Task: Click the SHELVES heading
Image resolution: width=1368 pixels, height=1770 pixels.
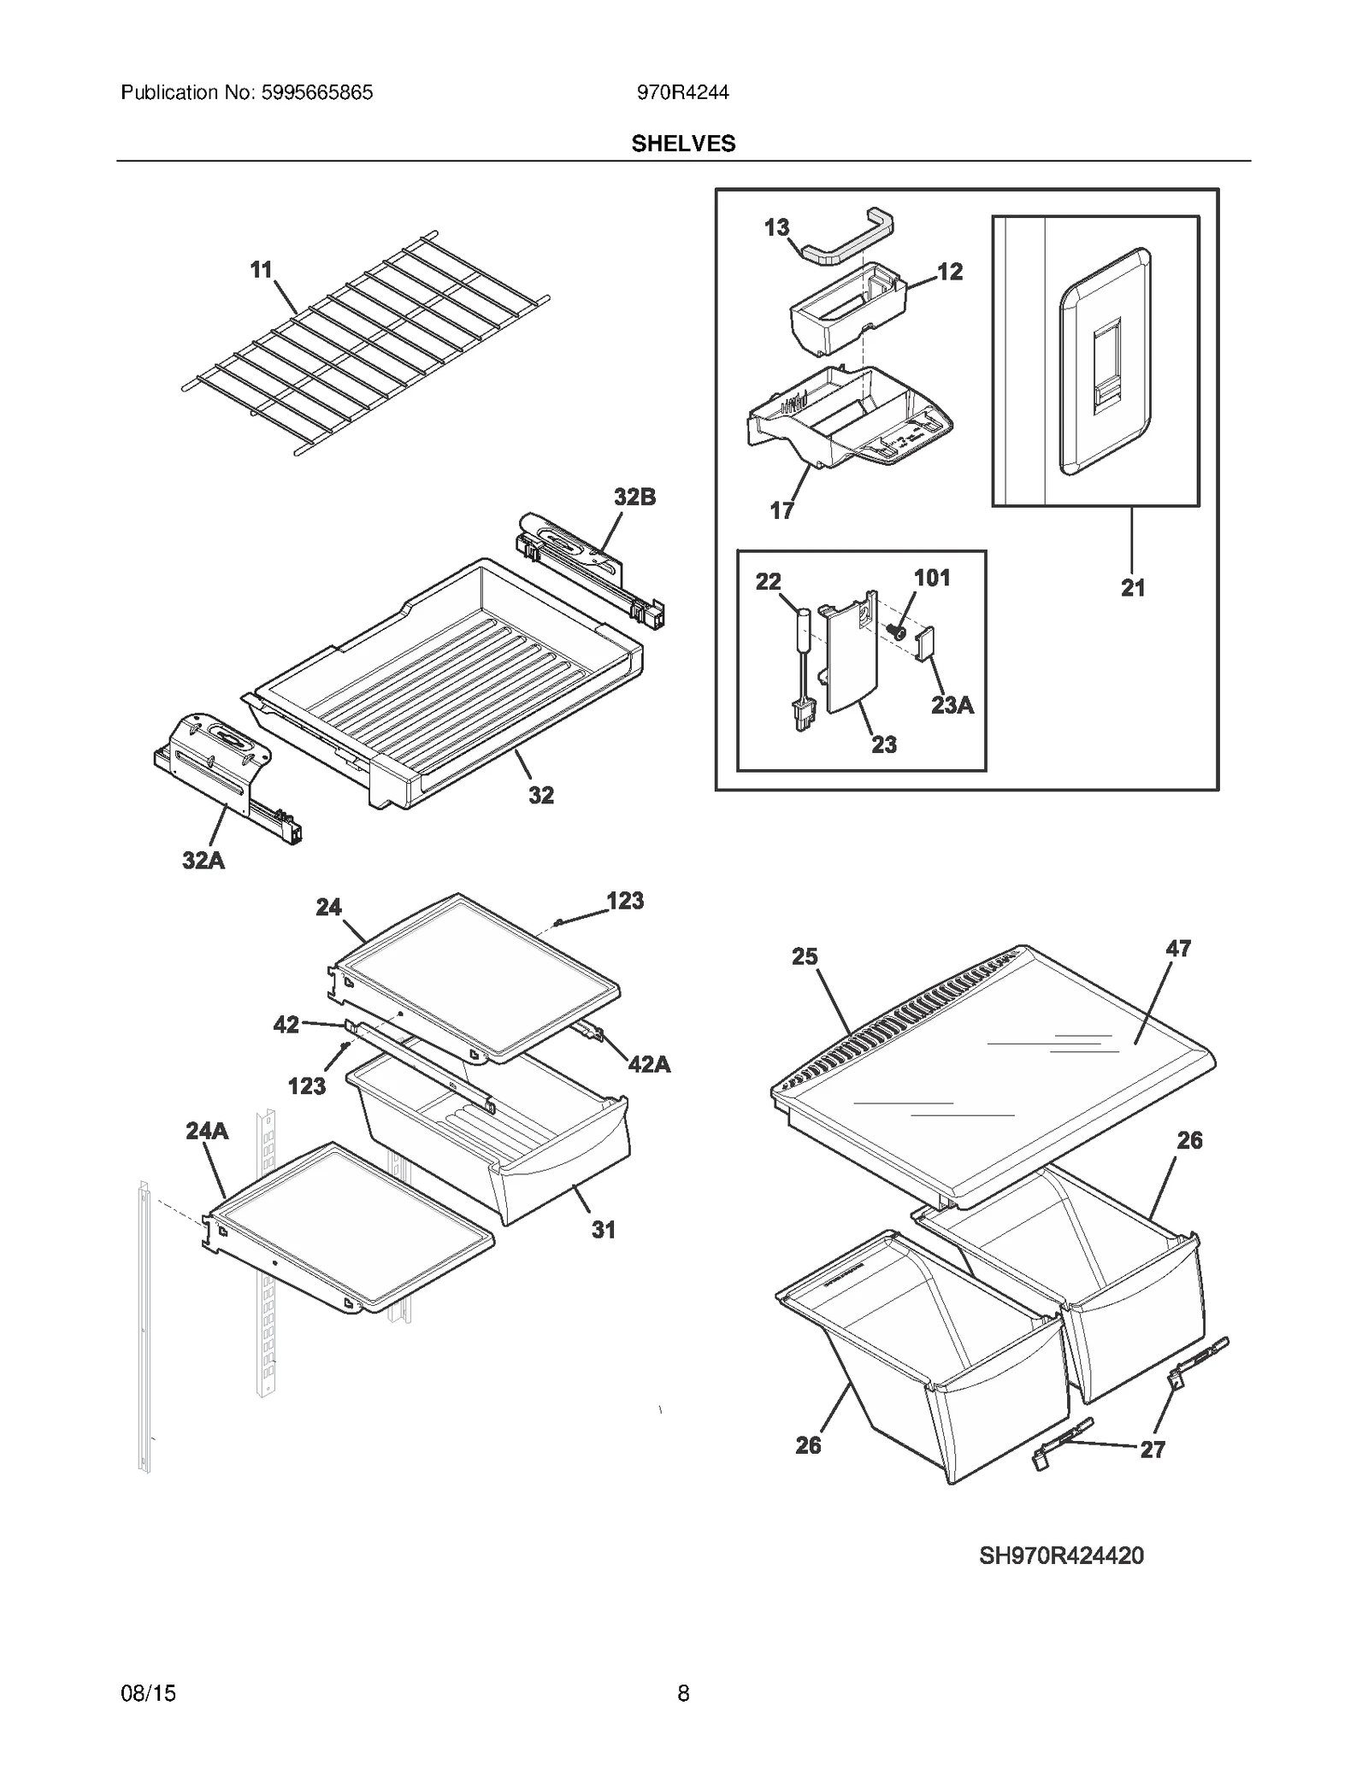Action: (x=683, y=144)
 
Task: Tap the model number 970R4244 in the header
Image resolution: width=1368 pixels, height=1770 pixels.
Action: (x=682, y=92)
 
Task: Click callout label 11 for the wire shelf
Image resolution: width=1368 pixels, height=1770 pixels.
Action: (x=261, y=270)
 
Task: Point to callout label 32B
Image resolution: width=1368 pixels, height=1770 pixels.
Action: (x=634, y=497)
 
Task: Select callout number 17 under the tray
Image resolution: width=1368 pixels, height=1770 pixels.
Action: (x=781, y=511)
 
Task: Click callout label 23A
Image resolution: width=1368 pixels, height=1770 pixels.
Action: (x=952, y=705)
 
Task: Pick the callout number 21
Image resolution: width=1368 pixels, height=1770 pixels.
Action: (x=1133, y=588)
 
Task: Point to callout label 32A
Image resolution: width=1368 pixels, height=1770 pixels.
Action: (x=203, y=860)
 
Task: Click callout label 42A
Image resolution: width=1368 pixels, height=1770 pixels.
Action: (x=649, y=1064)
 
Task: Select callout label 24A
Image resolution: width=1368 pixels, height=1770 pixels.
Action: (x=207, y=1131)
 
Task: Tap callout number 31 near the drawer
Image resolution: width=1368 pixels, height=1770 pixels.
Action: (x=604, y=1230)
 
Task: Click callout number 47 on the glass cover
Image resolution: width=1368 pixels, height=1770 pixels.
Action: (x=1178, y=949)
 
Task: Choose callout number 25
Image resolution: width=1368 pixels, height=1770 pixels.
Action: (x=805, y=956)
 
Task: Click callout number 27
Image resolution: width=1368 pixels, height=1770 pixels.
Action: (x=1153, y=1450)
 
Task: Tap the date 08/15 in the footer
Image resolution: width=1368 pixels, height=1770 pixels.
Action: (x=149, y=1693)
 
